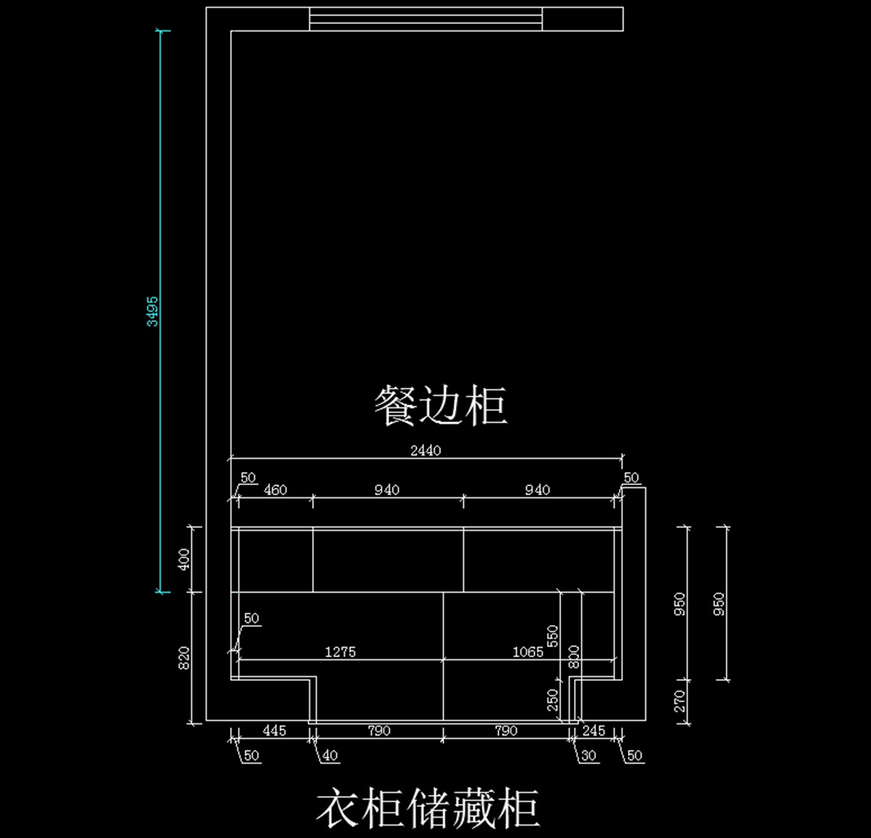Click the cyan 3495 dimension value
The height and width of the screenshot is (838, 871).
tap(152, 312)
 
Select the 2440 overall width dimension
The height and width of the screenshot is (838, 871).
tap(425, 450)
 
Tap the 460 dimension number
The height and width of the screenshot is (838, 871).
tap(275, 489)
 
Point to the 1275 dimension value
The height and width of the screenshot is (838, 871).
tap(340, 651)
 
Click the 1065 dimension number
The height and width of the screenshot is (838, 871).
tap(528, 651)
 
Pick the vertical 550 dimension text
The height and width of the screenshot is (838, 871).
tap(553, 636)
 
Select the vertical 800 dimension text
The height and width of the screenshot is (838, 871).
tap(574, 657)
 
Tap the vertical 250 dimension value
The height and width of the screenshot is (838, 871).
tap(553, 700)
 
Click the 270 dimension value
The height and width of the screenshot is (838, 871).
tap(679, 701)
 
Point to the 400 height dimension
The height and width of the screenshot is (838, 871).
tap(184, 559)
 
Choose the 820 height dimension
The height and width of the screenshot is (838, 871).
tap(184, 658)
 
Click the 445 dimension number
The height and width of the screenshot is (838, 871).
tap(274, 731)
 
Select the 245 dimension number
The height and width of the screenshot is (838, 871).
tap(594, 731)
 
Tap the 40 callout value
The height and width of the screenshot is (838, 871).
tap(330, 756)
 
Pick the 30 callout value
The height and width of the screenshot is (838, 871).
tap(589, 756)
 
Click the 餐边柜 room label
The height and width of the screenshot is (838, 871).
tap(441, 405)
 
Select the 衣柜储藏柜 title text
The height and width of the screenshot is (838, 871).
tap(428, 808)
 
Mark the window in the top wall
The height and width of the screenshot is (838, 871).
tap(425, 19)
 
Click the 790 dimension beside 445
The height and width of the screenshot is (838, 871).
tap(379, 731)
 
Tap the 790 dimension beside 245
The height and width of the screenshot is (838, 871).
tap(506, 731)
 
